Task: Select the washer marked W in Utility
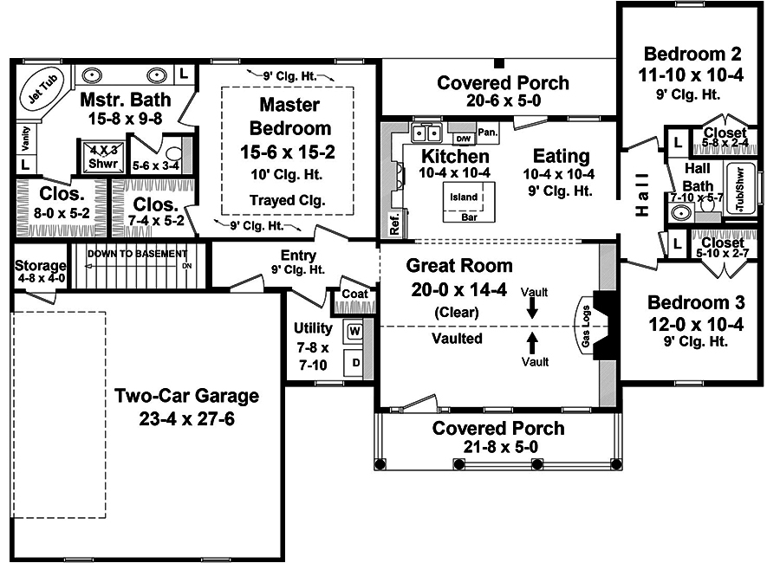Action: pos(354,330)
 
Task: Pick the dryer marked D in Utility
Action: pos(354,361)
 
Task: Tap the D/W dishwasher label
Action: pos(462,138)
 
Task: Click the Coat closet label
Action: pos(354,294)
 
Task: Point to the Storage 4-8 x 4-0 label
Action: pos(40,271)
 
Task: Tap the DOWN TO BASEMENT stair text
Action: pos(136,254)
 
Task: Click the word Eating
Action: pos(561,157)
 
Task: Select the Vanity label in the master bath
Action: pos(23,137)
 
